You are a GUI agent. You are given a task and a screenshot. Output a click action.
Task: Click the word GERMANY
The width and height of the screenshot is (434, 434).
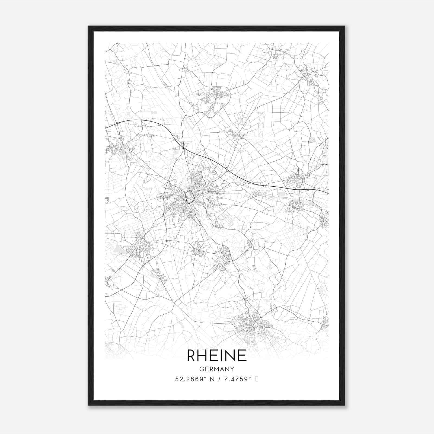pos(217,369)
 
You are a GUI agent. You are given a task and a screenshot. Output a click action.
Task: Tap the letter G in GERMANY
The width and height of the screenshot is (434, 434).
pos(201,369)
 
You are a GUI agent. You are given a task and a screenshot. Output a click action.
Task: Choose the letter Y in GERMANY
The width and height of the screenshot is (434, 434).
pos(232,369)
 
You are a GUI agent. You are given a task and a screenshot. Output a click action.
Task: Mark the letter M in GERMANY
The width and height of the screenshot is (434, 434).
pos(217,369)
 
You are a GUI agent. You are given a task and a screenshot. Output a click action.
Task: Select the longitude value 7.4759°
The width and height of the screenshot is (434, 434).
pos(235,379)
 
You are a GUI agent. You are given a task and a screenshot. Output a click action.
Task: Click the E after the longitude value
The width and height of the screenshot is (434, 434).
pos(256,379)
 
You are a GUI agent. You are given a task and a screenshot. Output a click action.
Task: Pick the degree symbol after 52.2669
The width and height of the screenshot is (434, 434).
pos(206,377)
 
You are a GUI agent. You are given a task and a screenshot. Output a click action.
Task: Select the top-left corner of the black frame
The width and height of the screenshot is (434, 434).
pos(89,27)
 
